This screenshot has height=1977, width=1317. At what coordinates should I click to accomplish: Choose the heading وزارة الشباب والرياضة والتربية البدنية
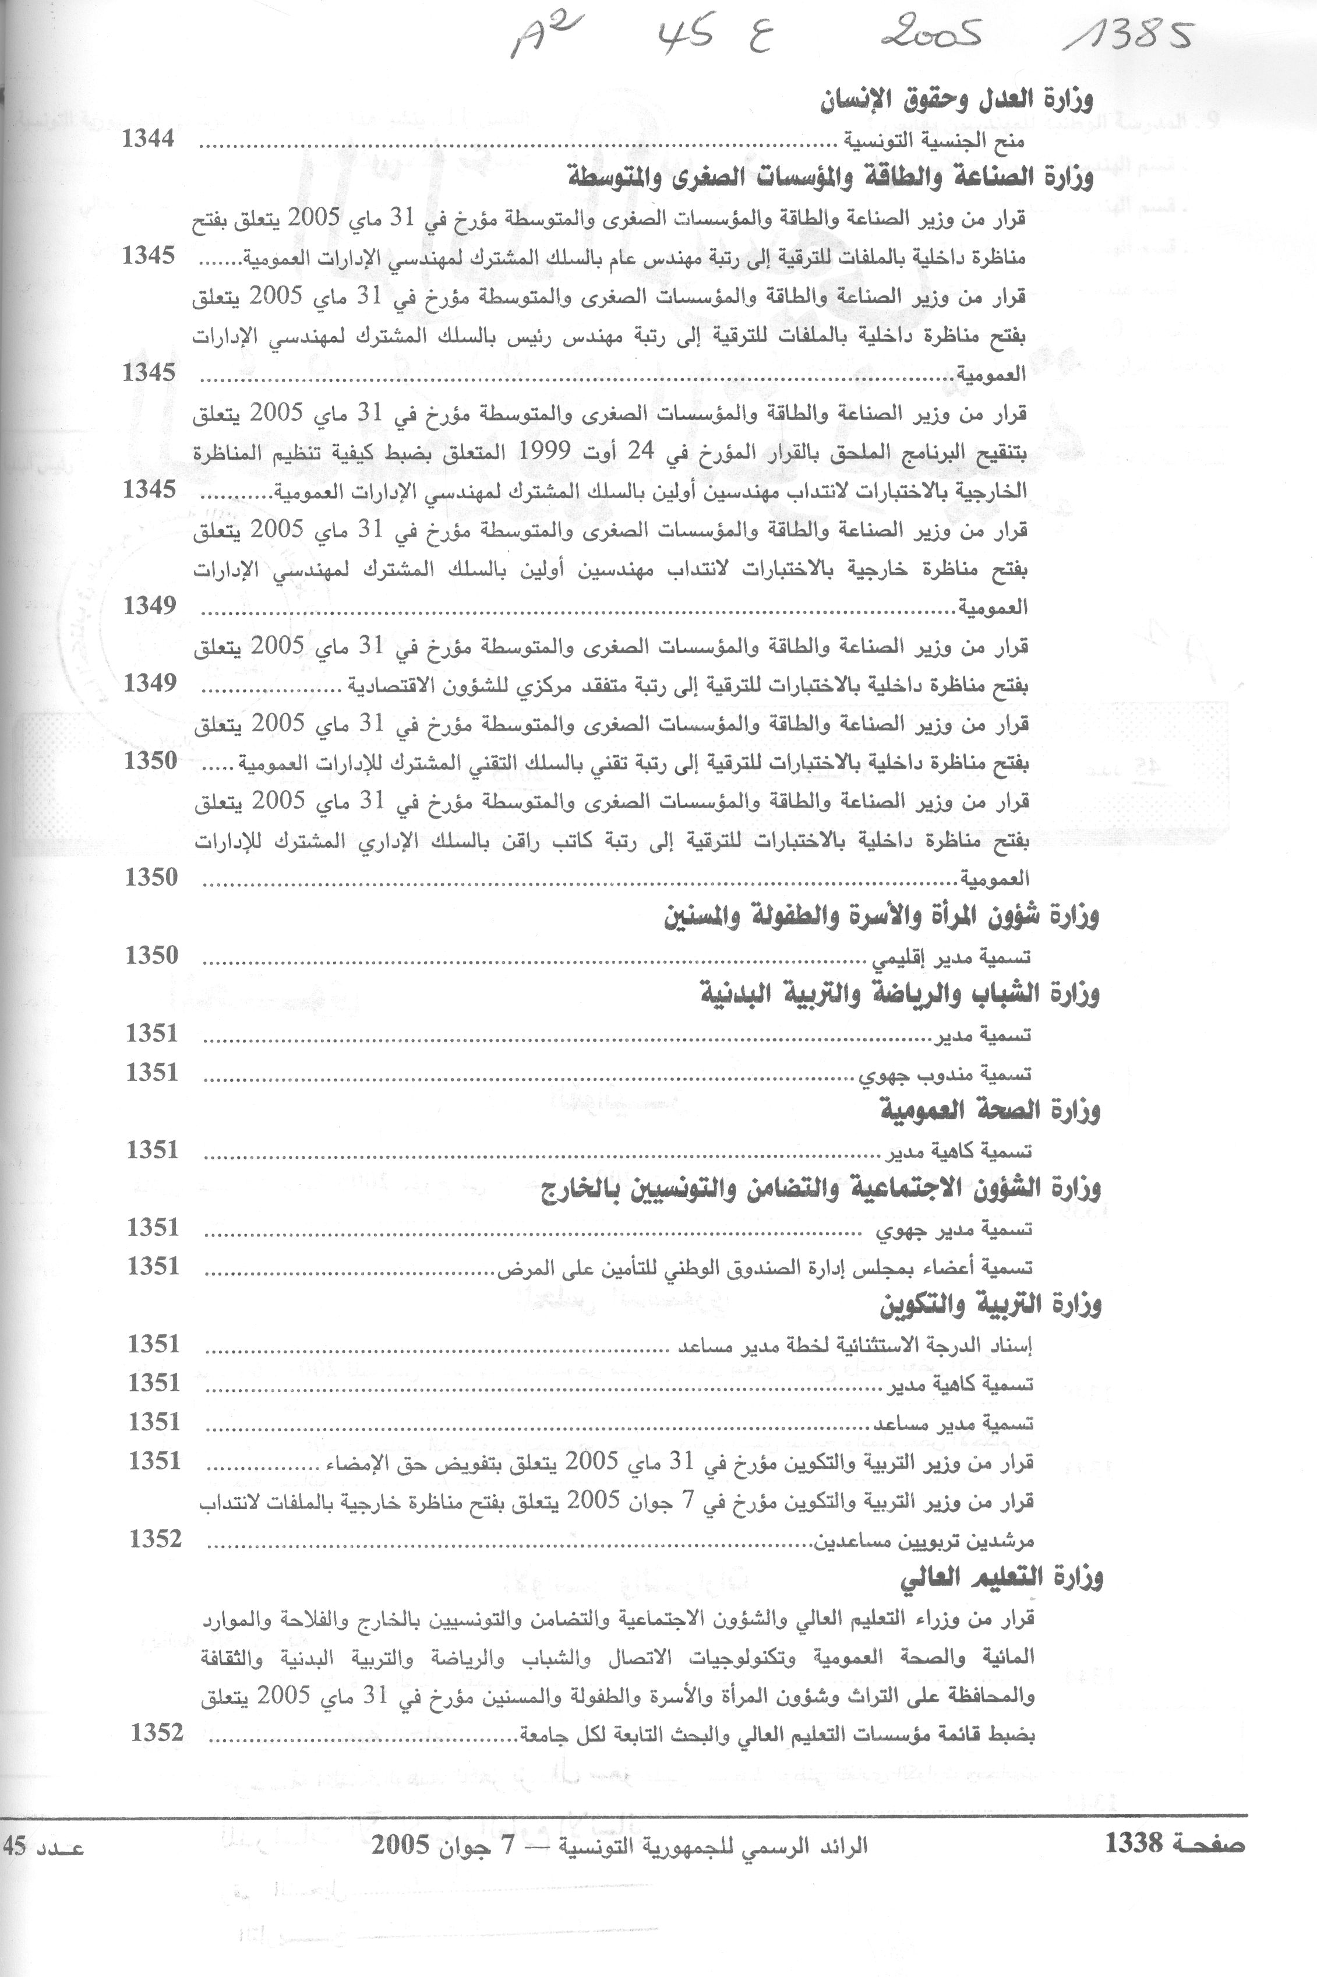click(x=899, y=995)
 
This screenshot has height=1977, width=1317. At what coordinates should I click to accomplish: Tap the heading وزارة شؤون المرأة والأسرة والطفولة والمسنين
click(x=881, y=917)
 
